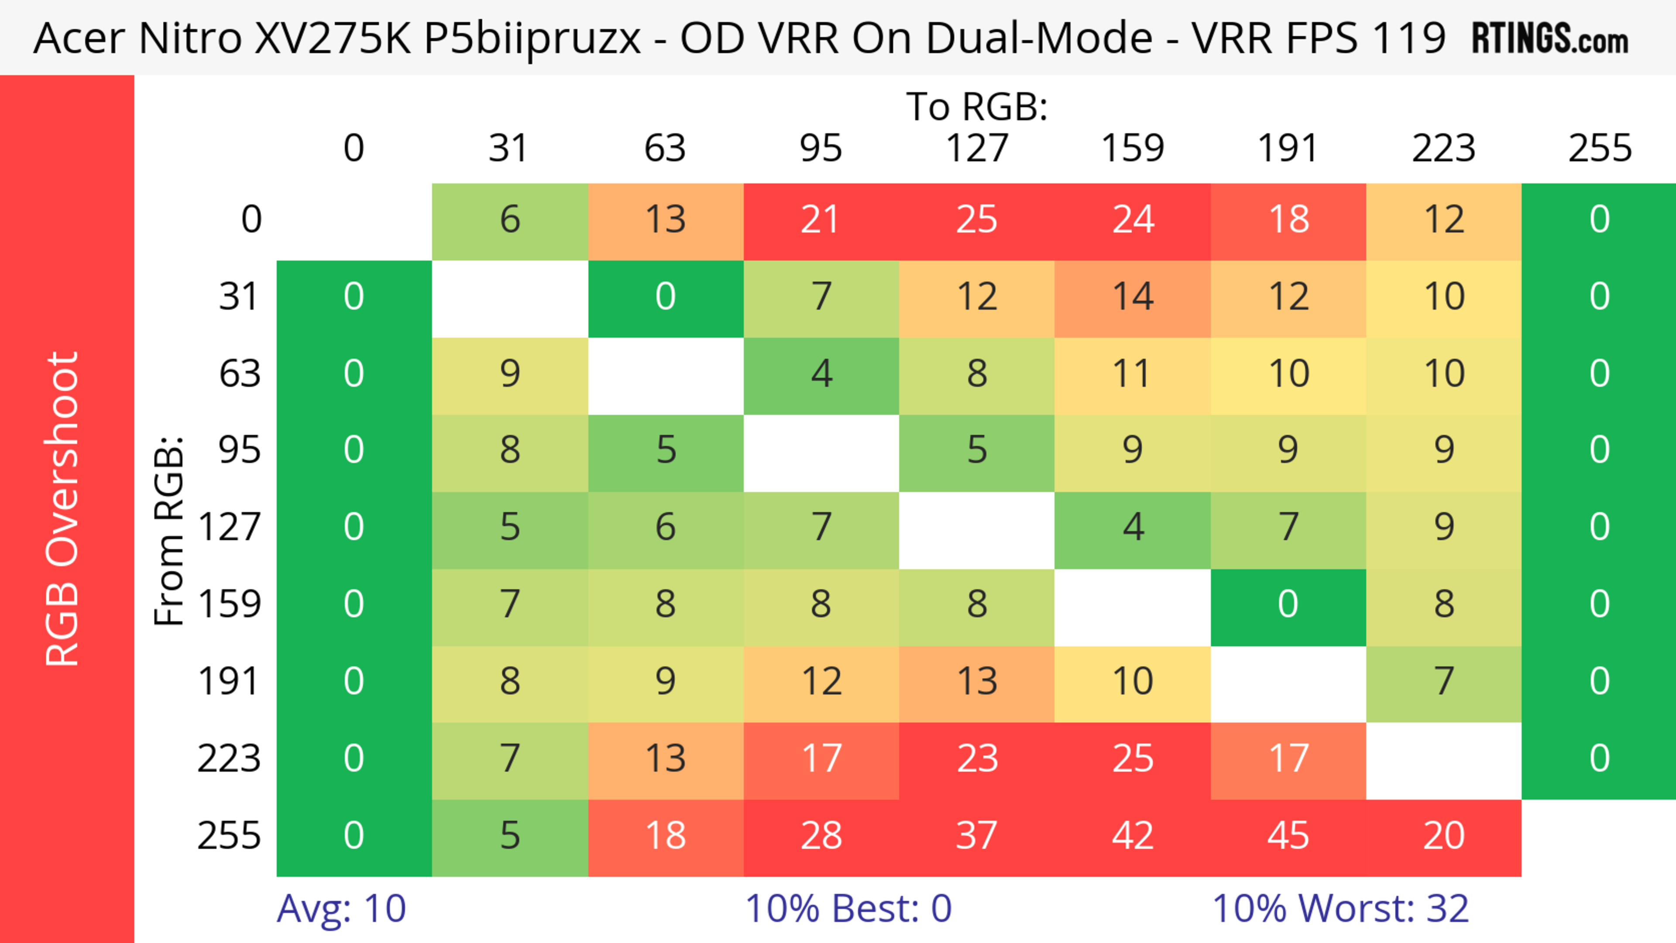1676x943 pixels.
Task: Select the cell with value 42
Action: tap(1132, 837)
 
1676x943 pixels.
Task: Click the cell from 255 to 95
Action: tap(821, 837)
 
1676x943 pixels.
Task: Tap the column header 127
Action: tap(977, 148)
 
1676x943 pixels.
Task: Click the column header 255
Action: tap(1599, 148)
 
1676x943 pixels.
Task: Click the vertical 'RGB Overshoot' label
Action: tap(63, 508)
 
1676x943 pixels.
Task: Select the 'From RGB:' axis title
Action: tap(169, 531)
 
